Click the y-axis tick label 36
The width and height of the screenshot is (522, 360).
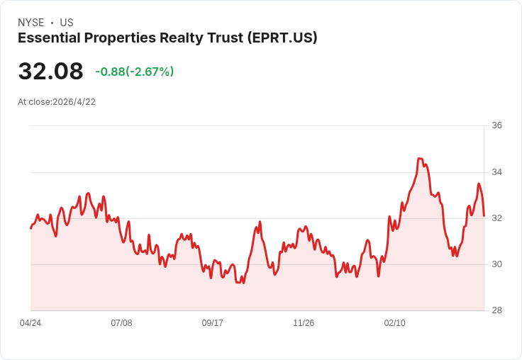coord(496,125)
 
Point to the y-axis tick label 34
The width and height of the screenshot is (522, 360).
coord(496,172)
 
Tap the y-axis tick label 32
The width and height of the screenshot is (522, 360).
coord(496,218)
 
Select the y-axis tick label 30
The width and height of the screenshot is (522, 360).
coord(496,264)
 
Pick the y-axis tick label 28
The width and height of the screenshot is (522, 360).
coord(496,310)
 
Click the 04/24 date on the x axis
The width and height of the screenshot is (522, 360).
coord(30,323)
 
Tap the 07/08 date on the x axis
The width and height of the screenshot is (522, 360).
coord(121,323)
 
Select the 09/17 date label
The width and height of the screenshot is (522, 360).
coord(213,323)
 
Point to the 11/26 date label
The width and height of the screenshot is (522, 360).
coord(304,323)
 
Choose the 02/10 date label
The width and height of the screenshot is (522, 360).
coord(395,323)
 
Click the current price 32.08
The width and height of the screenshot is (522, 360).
coord(50,72)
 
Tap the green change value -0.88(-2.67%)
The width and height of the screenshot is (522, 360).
coord(135,72)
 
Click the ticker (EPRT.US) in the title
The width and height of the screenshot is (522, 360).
coord(283,38)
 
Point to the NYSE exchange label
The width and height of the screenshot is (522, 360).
coord(30,23)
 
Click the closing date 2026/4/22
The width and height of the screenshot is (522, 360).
coord(74,102)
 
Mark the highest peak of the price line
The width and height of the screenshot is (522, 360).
coord(420,159)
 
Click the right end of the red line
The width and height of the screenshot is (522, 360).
coord(484,215)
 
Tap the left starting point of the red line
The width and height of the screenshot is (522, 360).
coord(30,228)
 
